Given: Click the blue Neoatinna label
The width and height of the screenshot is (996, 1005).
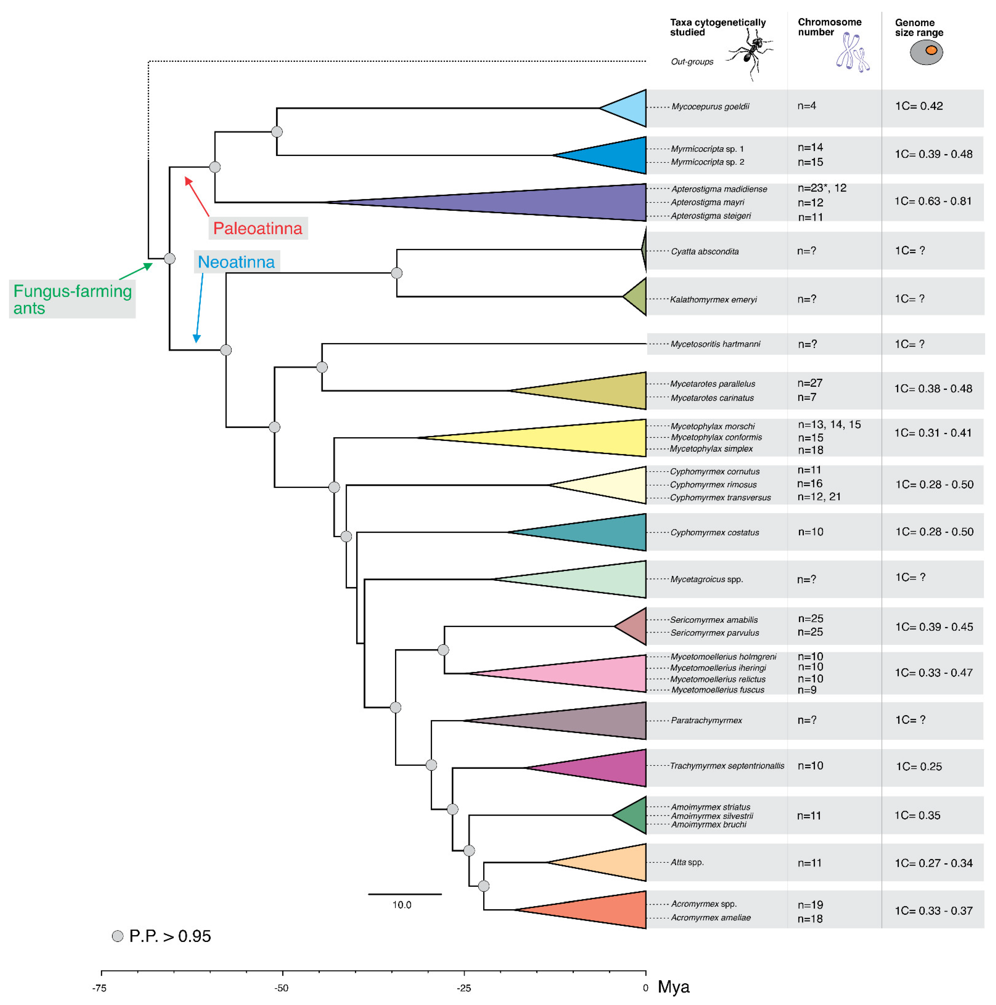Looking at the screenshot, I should pos(236,262).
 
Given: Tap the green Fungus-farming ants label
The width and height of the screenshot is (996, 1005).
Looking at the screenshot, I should pos(72,299).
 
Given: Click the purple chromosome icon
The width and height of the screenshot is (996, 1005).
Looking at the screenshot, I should pos(852,52).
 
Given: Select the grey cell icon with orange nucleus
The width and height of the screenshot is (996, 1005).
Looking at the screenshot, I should pos(926,52).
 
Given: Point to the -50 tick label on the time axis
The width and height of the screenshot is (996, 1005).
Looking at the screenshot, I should pos(282,988).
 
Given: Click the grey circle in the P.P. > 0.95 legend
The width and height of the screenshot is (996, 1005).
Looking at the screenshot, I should pos(118,936).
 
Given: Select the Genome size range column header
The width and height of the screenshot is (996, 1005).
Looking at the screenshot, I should pos(919,28).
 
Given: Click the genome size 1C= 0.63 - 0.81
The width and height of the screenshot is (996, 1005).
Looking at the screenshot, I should pos(933,201).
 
